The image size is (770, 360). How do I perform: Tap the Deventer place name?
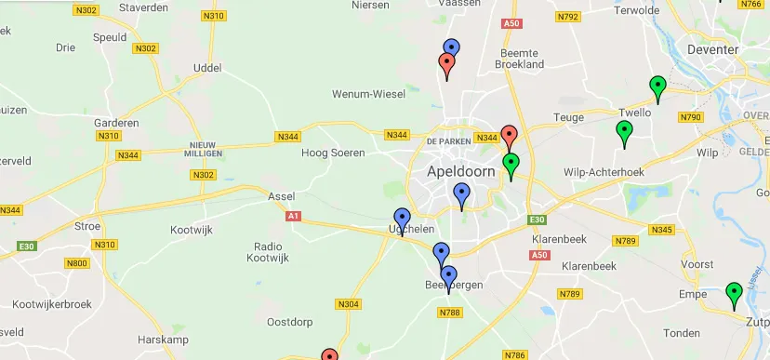(712, 49)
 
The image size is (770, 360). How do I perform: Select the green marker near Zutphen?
(734, 295)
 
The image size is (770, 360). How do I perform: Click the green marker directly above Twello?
(657, 88)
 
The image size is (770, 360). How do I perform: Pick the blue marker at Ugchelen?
(402, 221)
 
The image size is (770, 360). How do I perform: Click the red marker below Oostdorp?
(329, 355)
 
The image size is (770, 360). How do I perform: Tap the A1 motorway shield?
(294, 216)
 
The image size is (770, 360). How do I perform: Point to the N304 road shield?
(348, 304)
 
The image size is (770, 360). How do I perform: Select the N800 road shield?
(77, 263)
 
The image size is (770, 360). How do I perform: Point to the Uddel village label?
(206, 68)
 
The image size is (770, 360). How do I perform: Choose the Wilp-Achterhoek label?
(604, 172)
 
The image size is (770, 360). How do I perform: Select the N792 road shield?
(567, 17)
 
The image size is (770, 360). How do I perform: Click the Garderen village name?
(117, 122)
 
